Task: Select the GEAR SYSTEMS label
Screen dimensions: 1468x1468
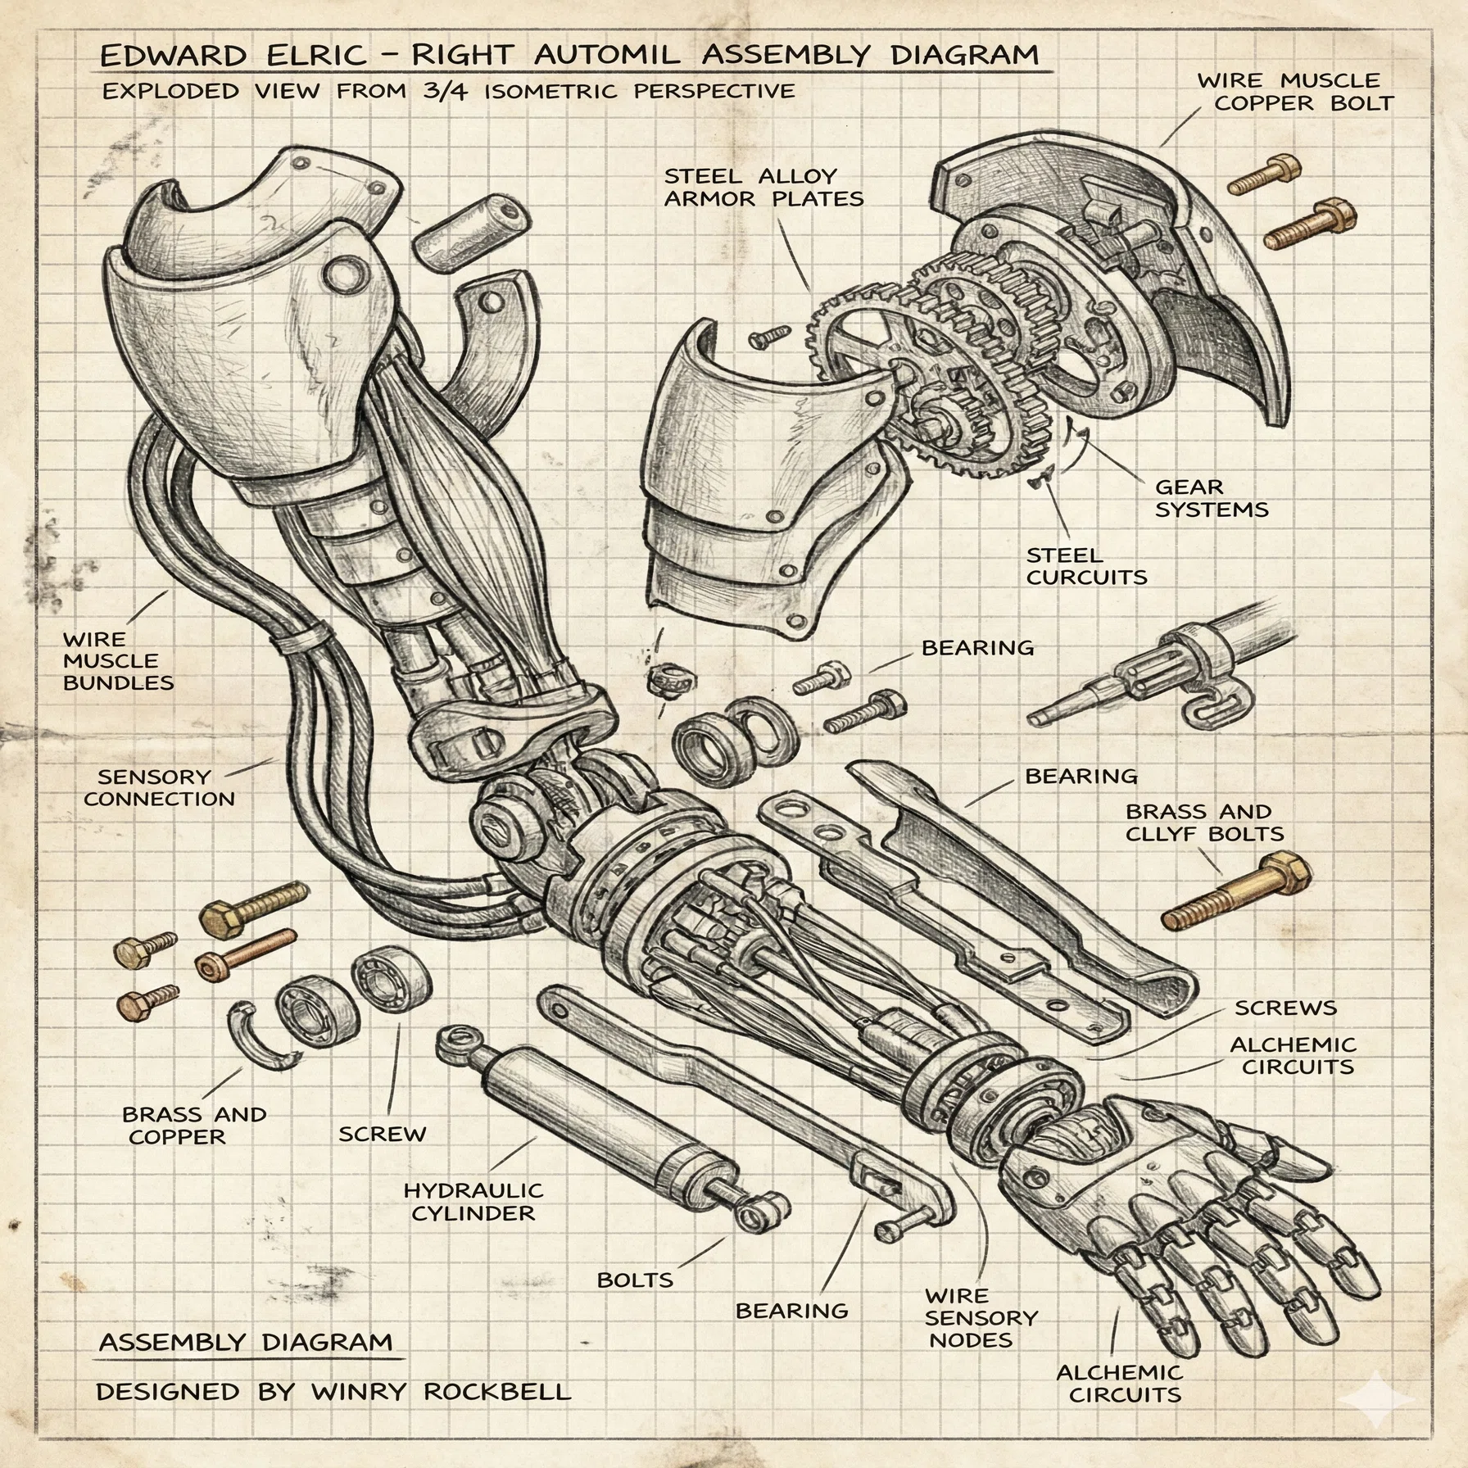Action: [1212, 498]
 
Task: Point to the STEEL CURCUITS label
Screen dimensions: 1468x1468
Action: [1086, 566]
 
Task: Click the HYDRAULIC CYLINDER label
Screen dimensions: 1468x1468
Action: [473, 1202]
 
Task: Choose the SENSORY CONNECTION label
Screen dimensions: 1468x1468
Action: [159, 787]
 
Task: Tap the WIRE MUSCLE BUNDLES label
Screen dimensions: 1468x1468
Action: [118, 660]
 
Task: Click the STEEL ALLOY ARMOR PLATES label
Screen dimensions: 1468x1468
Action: [763, 188]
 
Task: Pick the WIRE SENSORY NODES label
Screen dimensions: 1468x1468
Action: [981, 1318]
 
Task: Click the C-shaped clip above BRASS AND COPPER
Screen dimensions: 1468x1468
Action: [261, 1036]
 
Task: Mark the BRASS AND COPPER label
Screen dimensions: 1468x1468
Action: [194, 1126]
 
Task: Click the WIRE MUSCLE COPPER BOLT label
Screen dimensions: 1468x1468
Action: [1295, 92]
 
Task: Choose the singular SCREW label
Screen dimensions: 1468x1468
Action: [383, 1134]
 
